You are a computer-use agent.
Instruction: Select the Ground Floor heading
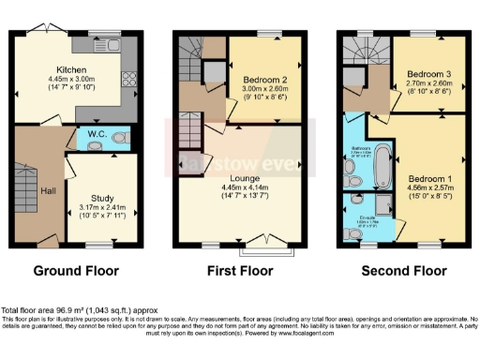click(x=77, y=272)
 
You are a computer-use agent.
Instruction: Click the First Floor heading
click(x=237, y=272)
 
